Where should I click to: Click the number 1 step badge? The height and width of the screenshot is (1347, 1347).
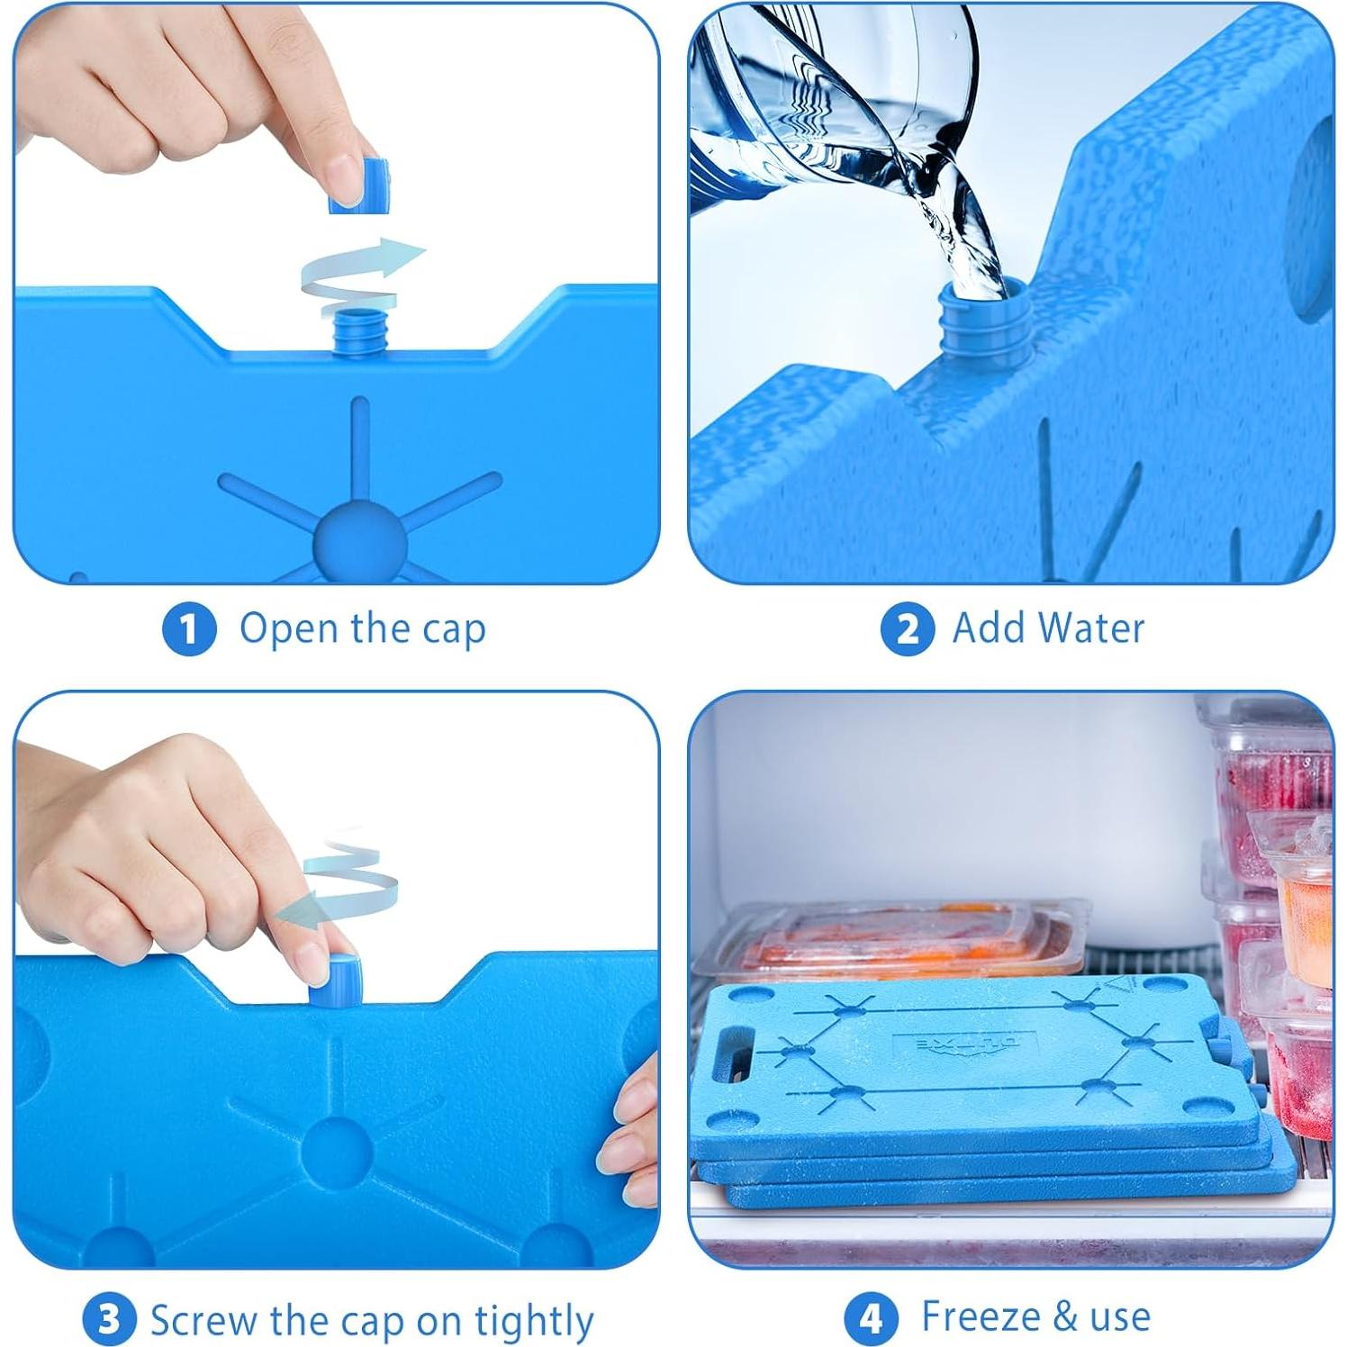point(189,629)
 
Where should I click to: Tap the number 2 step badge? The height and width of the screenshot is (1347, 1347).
point(907,629)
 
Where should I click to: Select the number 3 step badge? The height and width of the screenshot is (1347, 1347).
point(109,1319)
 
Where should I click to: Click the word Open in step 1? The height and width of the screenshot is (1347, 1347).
point(290,629)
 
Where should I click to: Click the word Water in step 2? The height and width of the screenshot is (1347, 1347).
point(1094,628)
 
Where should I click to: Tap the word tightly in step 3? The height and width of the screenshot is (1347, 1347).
point(534,1321)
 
